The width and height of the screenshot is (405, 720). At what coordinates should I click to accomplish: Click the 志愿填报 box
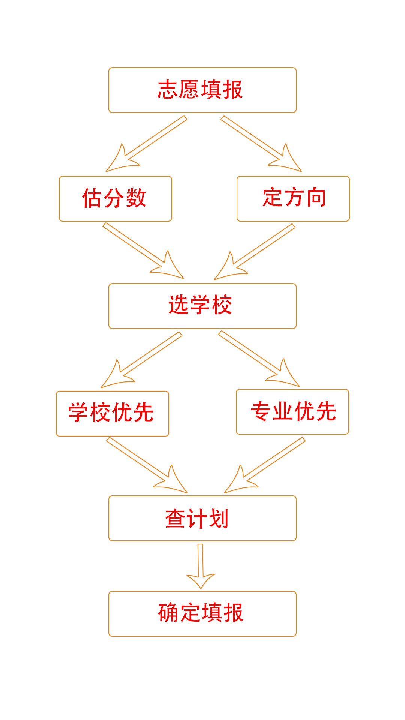[202, 90]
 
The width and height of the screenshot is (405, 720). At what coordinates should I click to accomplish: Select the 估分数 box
[115, 199]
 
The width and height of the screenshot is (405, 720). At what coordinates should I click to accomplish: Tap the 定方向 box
[293, 199]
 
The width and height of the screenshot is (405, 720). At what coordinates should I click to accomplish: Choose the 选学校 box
[202, 306]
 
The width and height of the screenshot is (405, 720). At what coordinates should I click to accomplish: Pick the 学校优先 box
[112, 414]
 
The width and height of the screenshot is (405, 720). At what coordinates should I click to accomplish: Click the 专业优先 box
[292, 412]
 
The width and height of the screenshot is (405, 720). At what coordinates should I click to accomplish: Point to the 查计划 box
[202, 518]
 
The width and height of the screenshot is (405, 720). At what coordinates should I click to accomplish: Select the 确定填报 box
[202, 614]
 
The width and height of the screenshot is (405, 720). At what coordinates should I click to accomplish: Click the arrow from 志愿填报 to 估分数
[146, 144]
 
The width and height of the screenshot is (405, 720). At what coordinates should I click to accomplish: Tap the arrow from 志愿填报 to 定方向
[261, 144]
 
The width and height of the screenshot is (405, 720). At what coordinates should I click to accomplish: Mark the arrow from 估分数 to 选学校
[143, 251]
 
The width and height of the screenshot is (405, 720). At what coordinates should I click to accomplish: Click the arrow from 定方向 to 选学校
[255, 252]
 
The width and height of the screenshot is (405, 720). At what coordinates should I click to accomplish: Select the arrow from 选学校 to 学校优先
[141, 360]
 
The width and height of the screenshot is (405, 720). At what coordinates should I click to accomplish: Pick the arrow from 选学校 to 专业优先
[259, 358]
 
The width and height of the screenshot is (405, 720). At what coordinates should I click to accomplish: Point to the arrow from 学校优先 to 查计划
[147, 465]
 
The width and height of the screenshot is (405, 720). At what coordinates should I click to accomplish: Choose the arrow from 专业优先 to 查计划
[265, 465]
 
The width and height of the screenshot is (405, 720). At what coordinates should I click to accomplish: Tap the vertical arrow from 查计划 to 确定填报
[201, 566]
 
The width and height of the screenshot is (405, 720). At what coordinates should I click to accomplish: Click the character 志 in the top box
[168, 90]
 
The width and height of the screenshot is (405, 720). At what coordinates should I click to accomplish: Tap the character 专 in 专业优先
[261, 411]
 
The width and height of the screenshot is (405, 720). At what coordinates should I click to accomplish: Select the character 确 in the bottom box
[168, 613]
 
